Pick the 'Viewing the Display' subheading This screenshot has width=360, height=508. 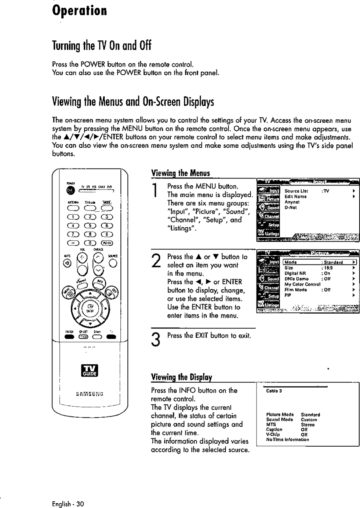(181, 377)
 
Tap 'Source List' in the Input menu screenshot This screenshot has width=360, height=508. (296, 191)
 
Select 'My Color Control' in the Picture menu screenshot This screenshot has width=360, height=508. (302, 284)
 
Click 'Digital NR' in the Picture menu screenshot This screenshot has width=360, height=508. (295, 273)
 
